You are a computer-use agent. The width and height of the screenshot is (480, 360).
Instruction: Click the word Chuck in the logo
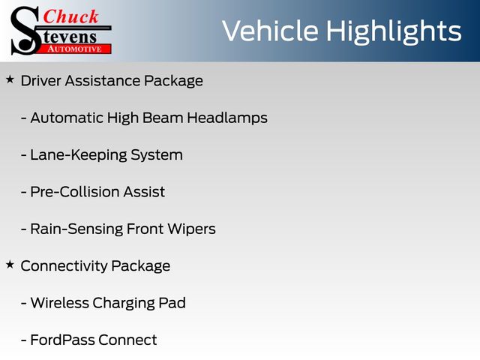pos(70,16)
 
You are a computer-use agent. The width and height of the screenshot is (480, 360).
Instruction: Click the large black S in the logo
pos(25,31)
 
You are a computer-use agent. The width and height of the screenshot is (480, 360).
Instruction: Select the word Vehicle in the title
pos(270,31)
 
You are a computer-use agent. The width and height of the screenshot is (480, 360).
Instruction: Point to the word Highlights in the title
pos(393,32)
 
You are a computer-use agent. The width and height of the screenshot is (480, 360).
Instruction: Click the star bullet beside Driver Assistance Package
pos(10,79)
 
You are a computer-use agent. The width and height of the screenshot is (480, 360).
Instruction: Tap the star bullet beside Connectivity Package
pos(10,265)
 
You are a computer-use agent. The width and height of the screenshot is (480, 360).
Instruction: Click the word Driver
pos(40,81)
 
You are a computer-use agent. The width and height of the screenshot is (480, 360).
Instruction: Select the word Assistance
pos(102,81)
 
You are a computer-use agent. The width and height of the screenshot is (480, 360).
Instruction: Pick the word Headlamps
pos(227,118)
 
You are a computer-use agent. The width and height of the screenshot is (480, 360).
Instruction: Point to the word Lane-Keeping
pos(78,155)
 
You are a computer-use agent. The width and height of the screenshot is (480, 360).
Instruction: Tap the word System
pos(157,155)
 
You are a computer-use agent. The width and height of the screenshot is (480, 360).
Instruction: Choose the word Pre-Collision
pos(75,192)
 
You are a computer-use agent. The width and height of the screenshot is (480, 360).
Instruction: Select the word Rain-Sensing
pos(76,229)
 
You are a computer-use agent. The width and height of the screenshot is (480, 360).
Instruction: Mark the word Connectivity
pos(64,266)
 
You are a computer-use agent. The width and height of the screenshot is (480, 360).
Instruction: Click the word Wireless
pos(59,303)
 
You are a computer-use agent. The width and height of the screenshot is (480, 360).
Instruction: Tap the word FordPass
pos(62,340)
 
